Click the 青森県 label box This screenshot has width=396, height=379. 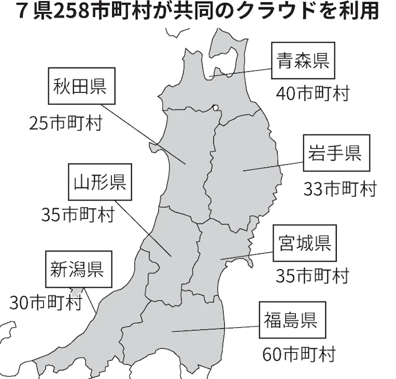pyautogui.click(x=303, y=61)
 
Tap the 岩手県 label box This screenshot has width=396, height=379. pyautogui.click(x=335, y=153)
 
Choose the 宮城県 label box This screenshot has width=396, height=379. pyautogui.click(x=305, y=243)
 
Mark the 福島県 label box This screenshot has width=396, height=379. pyautogui.click(x=290, y=320)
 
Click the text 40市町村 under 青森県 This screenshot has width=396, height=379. pyautogui.click(x=312, y=93)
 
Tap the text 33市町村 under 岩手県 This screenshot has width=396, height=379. pyautogui.click(x=340, y=189)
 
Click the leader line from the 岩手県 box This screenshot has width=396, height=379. pyautogui.click(x=273, y=165)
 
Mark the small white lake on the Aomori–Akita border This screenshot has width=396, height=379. pyautogui.click(x=216, y=107)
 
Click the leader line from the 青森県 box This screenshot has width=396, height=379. pyautogui.click(x=239, y=72)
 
